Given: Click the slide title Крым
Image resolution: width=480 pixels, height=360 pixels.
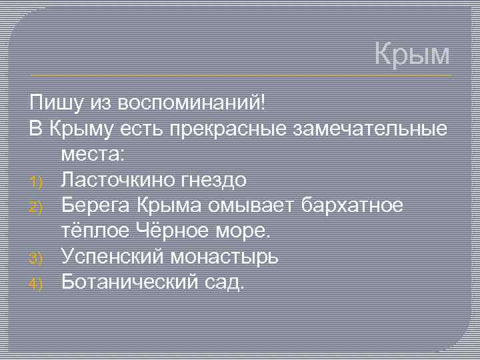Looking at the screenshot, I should click(412, 54).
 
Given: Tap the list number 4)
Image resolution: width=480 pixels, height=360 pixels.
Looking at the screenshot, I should click(37, 283).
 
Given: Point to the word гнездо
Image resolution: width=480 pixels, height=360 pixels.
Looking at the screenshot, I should click(214, 180).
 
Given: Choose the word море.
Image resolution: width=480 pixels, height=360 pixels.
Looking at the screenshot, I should click(246, 231).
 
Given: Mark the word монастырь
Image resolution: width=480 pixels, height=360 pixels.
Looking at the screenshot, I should click(225, 257).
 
